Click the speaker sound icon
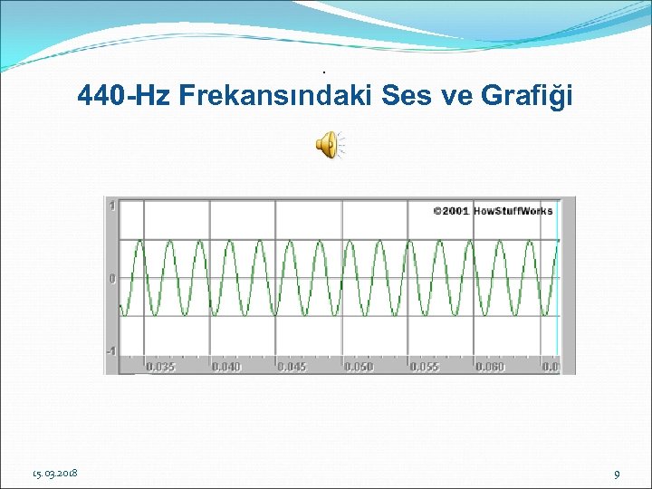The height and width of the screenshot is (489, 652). [x=327, y=144]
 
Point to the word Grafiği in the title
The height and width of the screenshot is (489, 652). [x=531, y=96]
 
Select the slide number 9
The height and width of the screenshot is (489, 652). [x=617, y=474]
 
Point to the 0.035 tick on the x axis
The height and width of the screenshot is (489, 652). [x=161, y=367]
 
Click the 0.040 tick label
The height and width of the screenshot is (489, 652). [x=226, y=367]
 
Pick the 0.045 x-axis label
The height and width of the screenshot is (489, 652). [x=292, y=367]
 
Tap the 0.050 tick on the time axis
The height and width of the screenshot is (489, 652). [x=358, y=367]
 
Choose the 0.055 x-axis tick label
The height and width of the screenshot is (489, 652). [x=424, y=367]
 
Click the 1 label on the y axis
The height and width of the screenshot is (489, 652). [x=112, y=206]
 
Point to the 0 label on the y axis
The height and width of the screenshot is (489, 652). [x=112, y=279]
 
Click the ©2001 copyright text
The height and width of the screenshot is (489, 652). [x=450, y=211]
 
